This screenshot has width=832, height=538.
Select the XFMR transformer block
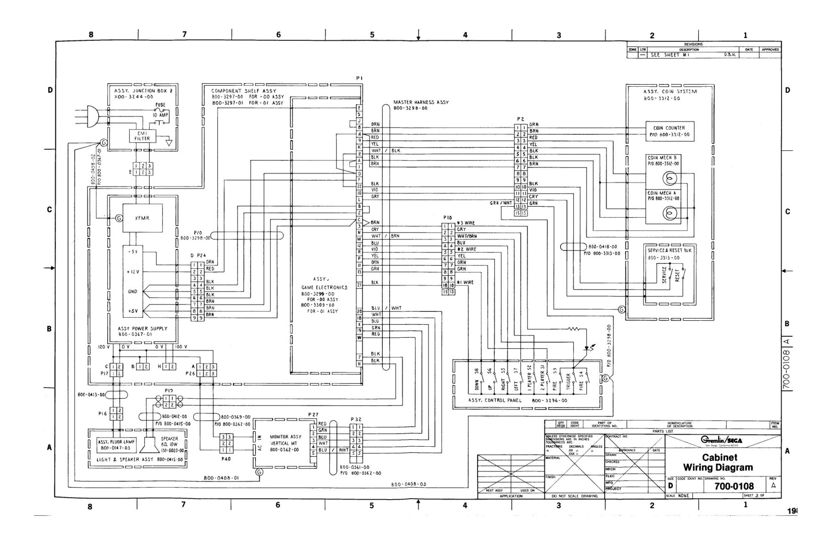tap(142, 218)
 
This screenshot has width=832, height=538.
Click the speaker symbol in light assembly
tap(148, 445)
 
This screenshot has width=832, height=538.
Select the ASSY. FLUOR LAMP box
tap(114, 444)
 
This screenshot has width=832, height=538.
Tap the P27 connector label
tap(313, 414)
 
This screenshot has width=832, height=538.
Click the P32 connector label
tap(356, 419)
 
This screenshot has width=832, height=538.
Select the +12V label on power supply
tap(133, 271)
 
